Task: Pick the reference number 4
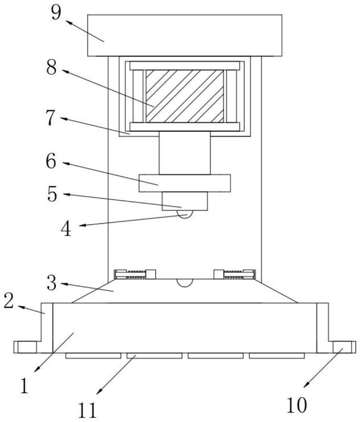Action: tap(66, 229)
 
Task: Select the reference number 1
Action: tap(24, 387)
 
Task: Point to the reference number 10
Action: tap(297, 405)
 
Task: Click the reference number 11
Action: tap(87, 410)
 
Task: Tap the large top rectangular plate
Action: tap(184, 35)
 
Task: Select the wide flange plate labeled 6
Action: tap(184, 183)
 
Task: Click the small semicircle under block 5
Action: tap(184, 214)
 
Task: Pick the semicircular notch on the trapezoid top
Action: tap(184, 282)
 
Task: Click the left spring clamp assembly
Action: tap(134, 274)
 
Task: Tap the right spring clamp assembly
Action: tap(235, 274)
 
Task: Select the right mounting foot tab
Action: tap(344, 347)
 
